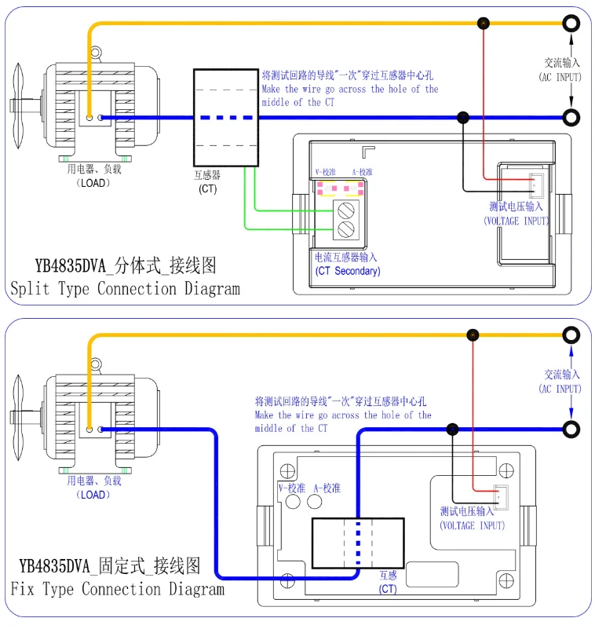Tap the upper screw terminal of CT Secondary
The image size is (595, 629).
345,210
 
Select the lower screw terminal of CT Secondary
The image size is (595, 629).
345,229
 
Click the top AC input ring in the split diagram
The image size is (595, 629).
571,24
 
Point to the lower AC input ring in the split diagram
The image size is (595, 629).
571,118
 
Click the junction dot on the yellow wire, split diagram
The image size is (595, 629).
484,24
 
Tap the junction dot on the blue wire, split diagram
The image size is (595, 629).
463,118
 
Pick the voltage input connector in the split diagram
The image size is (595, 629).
536,186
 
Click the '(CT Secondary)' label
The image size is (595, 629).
348,271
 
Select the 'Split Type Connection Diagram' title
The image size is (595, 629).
125,289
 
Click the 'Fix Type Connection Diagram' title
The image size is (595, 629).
118,589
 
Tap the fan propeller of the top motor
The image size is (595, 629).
18,106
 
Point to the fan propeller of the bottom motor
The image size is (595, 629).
18,418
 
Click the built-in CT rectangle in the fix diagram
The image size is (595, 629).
358,543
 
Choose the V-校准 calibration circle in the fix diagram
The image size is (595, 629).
293,502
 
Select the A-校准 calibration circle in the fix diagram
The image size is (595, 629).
314,502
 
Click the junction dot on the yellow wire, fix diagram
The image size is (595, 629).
473,335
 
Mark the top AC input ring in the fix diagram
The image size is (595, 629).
571,335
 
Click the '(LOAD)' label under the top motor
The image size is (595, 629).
93,183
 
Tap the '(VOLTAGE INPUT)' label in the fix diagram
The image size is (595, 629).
473,525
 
